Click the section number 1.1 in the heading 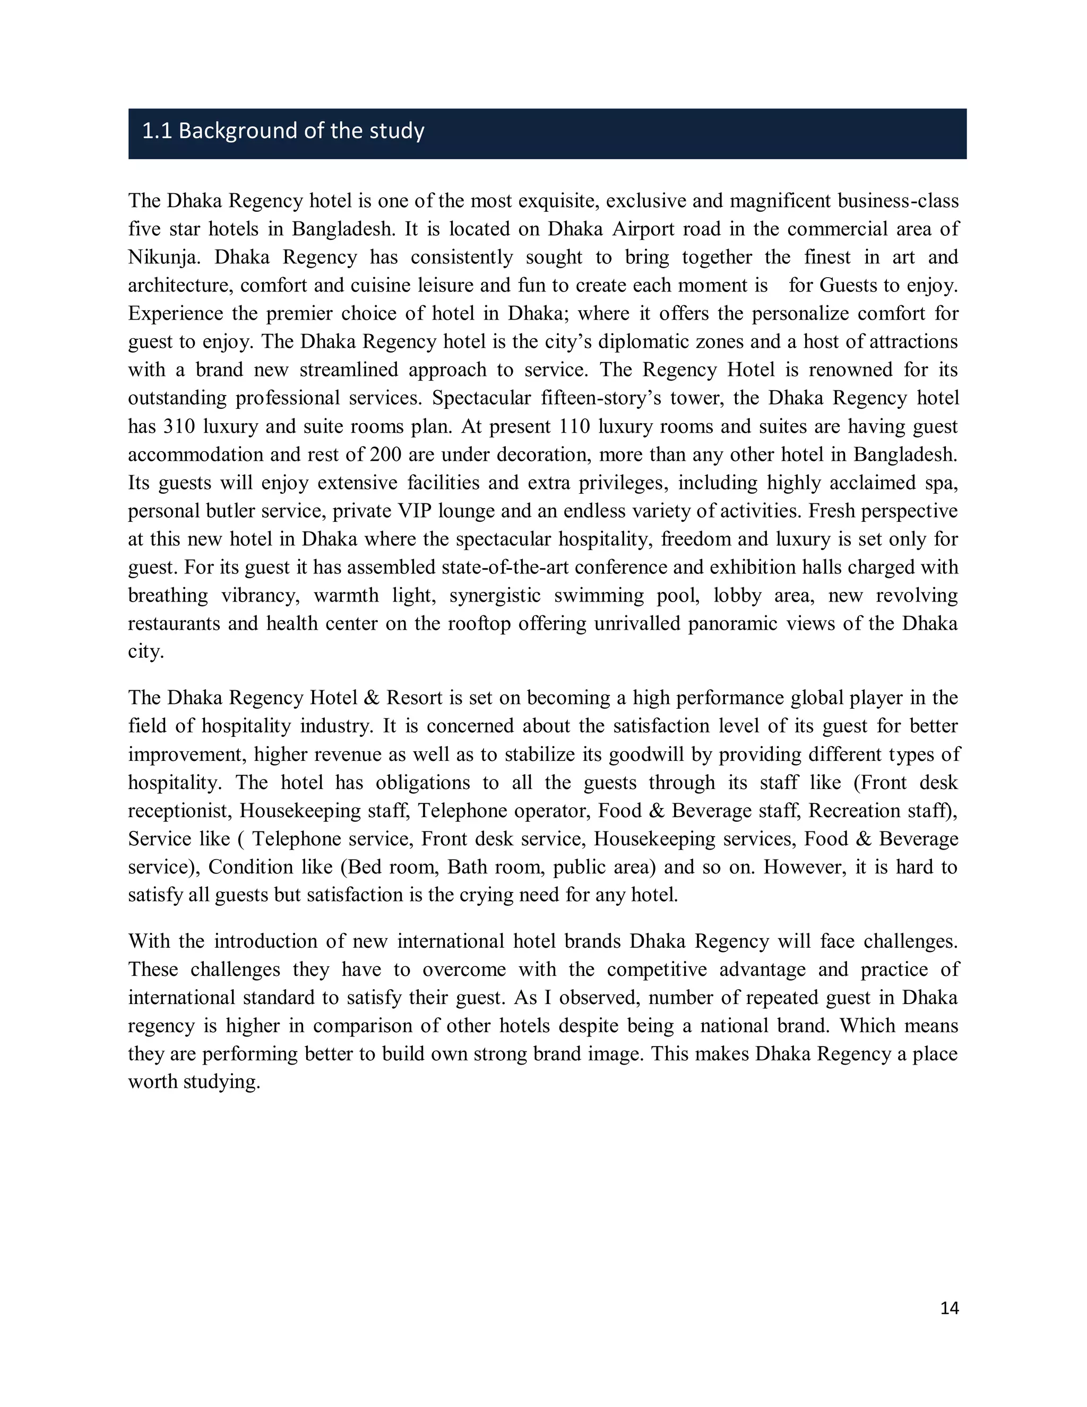(x=157, y=132)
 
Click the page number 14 (x=949, y=1308)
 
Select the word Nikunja (x=164, y=257)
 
